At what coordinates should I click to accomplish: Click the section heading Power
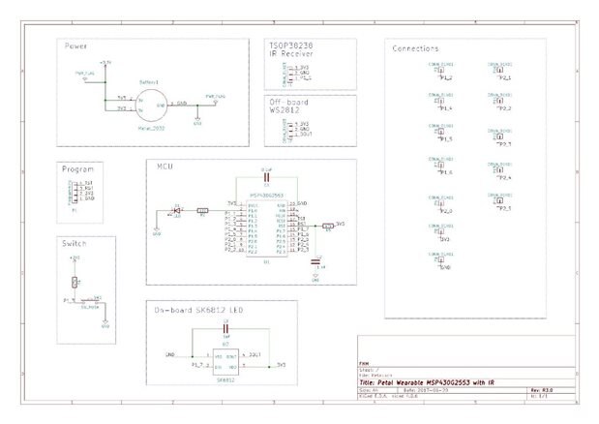[x=77, y=46]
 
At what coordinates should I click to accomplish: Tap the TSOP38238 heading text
[x=294, y=45]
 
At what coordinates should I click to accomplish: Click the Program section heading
[x=77, y=168]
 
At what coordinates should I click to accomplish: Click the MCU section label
[x=164, y=166]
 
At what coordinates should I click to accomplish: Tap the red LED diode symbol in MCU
[x=177, y=209]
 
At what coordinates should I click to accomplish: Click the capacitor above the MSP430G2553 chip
[x=266, y=178]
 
